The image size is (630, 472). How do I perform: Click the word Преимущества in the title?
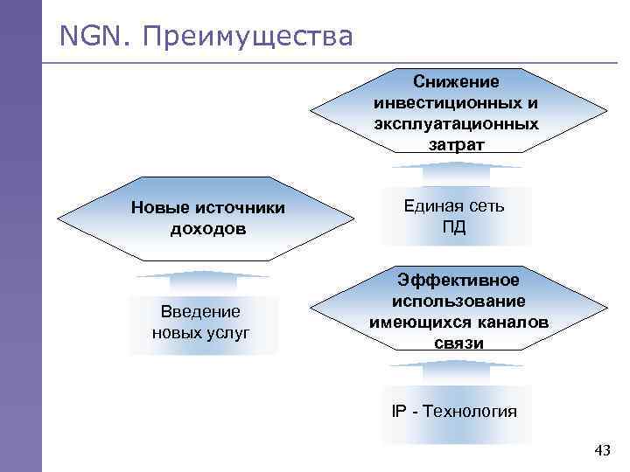click(247, 38)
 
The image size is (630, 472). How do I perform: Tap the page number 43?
click(602, 451)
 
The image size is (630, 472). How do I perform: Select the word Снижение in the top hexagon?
click(457, 81)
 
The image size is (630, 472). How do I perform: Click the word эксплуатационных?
click(456, 123)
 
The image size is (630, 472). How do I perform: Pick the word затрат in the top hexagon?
click(456, 144)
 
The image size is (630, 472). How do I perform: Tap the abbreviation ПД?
click(454, 227)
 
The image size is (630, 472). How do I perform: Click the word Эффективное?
click(458, 280)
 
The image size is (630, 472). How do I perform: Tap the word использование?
click(458, 301)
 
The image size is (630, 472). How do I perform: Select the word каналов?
click(509, 322)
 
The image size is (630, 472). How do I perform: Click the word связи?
click(458, 343)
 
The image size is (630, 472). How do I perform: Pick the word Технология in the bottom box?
click(469, 411)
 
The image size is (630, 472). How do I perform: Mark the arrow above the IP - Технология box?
click(458, 370)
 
